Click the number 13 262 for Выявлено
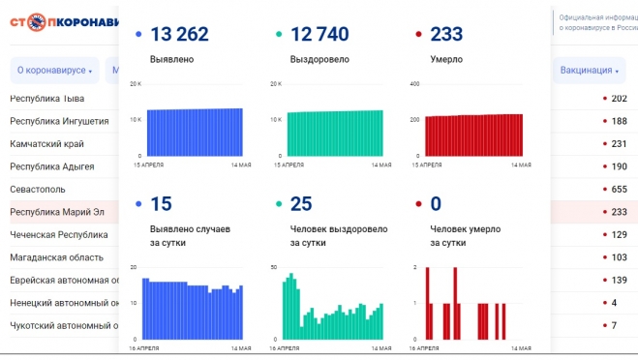[178, 35]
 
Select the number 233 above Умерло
[446, 35]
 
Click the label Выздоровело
[319, 60]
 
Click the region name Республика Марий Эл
[58, 212]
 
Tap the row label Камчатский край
[47, 144]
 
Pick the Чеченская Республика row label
[59, 234]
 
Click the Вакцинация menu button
[589, 71]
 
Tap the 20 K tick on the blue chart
[137, 84]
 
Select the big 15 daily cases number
[162, 204]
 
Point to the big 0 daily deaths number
[435, 204]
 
